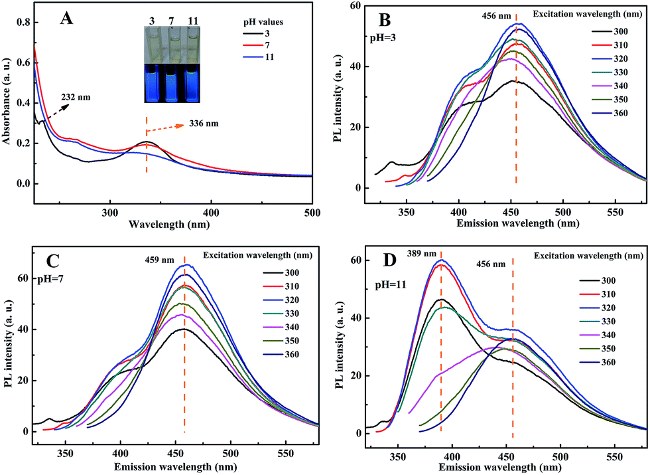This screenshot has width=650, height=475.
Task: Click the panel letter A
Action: point(66,19)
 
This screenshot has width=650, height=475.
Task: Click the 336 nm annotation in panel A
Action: point(204,124)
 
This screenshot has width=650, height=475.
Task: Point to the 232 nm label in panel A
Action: point(76,98)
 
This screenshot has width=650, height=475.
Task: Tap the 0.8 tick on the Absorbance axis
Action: point(23,23)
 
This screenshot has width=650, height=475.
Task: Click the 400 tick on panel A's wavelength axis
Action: point(211,213)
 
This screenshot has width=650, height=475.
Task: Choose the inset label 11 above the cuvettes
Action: point(193,21)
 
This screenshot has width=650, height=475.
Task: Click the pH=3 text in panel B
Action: point(383,38)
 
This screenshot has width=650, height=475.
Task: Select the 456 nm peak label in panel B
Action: point(497,16)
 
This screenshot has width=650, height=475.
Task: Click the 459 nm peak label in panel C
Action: point(160,260)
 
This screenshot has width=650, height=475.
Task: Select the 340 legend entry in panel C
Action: point(281,327)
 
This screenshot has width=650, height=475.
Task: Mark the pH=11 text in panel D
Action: point(391,285)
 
